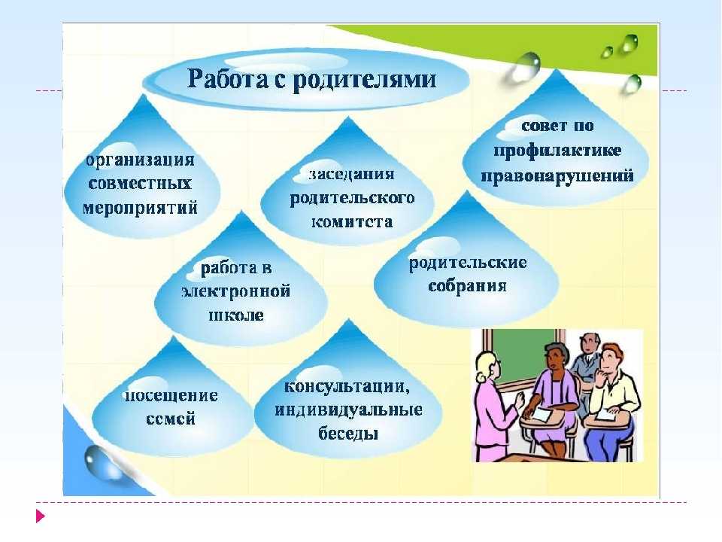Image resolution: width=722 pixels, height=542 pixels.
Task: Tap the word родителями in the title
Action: point(364,80)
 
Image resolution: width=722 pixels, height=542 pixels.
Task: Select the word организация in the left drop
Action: point(141,160)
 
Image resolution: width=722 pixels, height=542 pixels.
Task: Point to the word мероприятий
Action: point(140,208)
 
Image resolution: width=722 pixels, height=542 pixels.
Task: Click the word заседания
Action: point(351,174)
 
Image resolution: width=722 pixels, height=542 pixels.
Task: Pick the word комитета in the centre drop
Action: point(352,222)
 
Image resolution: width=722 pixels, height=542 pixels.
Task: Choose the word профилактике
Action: point(557,151)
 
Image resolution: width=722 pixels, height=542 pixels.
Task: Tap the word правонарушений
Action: point(557,176)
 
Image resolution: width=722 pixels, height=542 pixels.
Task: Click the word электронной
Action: point(236,291)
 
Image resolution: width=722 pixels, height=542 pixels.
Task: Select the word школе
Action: point(236,315)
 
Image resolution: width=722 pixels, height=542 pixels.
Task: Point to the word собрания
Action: point(467,286)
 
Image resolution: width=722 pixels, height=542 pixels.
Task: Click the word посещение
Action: point(171,396)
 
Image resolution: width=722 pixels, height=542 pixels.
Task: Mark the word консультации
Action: point(347,386)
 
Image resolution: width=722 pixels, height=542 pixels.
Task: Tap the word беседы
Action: point(348,434)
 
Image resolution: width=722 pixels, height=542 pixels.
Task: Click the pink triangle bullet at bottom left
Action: point(41,516)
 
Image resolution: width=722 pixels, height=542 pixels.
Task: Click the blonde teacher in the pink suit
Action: point(495,406)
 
